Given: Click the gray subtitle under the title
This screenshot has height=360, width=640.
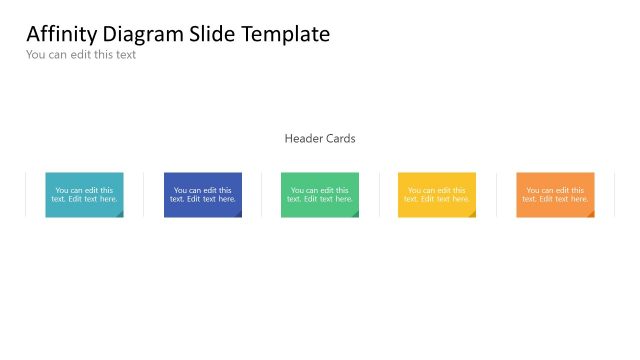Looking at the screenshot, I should click(x=81, y=55).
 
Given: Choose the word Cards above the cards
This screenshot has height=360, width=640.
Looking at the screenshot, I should click(x=340, y=139).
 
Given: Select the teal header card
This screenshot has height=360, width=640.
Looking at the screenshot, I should click(x=84, y=194).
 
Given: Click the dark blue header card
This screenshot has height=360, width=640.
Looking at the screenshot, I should click(x=202, y=194).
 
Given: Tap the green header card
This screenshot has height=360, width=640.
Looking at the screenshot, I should click(x=320, y=194).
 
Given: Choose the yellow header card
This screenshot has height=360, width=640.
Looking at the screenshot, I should click(x=437, y=194).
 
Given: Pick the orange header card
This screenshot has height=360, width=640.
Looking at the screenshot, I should click(x=555, y=194).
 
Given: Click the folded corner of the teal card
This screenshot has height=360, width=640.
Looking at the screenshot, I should click(x=120, y=214).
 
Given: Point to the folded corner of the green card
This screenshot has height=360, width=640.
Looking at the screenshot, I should click(x=355, y=214).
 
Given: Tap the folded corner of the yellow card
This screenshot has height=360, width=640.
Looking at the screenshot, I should click(x=473, y=214).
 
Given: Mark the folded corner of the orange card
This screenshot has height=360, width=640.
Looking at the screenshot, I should click(x=591, y=214).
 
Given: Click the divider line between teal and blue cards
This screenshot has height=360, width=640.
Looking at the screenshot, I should click(x=144, y=194).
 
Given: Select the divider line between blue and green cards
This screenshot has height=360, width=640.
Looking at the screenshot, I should click(x=262, y=194).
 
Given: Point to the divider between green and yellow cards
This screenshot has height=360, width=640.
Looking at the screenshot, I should click(x=380, y=194).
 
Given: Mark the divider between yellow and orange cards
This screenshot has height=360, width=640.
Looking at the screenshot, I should click(x=497, y=194).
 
